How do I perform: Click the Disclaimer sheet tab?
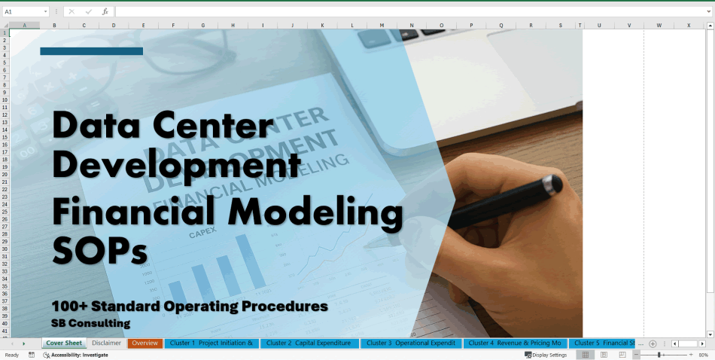tap(106, 343)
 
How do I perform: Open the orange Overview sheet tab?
tap(145, 343)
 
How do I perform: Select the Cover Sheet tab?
tap(63, 343)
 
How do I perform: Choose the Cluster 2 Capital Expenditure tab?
tap(309, 343)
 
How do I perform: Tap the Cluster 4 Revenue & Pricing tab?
tap(514, 343)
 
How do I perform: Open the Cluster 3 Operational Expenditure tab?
tap(411, 343)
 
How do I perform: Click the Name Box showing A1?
tap(23, 12)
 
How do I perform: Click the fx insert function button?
tap(105, 12)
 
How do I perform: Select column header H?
tap(233, 26)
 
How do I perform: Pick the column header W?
tap(659, 26)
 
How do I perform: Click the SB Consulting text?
tap(90, 323)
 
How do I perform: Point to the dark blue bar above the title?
tap(91, 51)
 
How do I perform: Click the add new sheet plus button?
tap(653, 343)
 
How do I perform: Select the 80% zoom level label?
tap(703, 355)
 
